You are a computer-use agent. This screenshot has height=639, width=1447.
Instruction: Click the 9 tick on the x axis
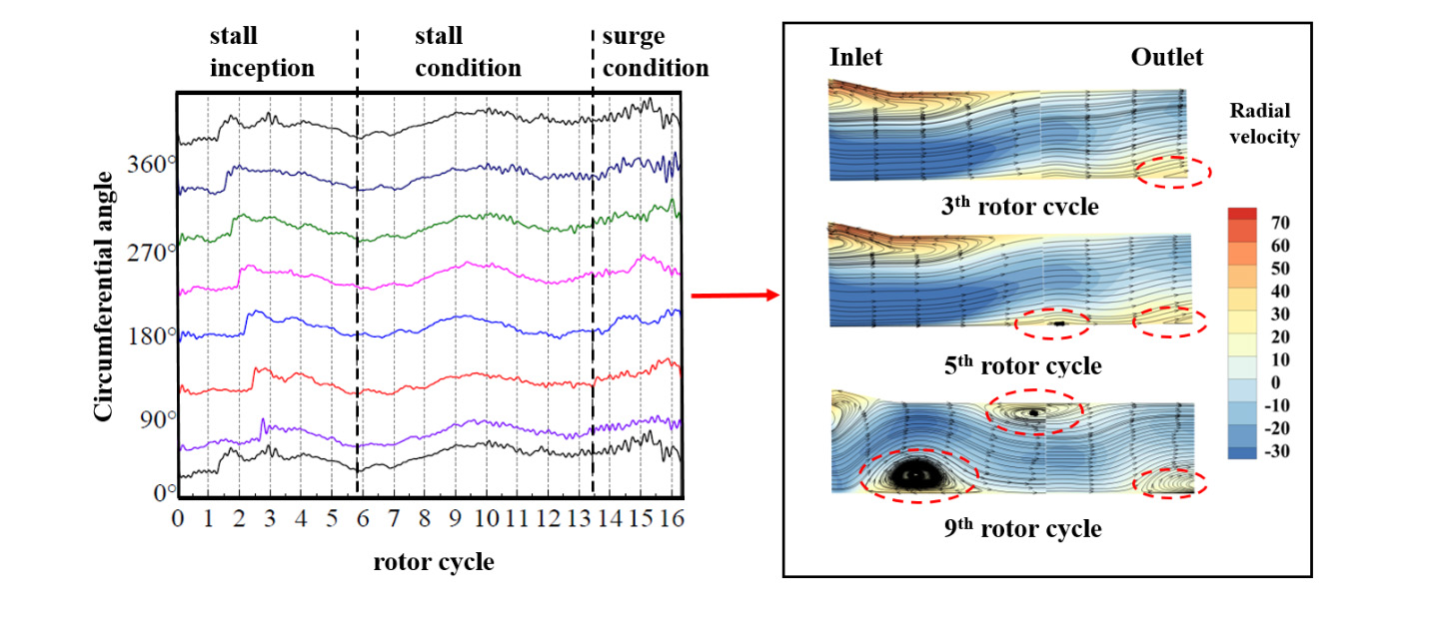click(455, 519)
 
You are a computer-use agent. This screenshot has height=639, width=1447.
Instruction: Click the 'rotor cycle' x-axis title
click(434, 562)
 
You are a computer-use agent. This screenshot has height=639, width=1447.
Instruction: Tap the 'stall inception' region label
click(261, 53)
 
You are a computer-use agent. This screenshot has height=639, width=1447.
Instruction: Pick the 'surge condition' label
click(655, 53)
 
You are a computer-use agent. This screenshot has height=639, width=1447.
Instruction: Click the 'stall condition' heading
click(468, 53)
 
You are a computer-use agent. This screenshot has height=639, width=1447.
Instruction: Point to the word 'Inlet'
click(856, 58)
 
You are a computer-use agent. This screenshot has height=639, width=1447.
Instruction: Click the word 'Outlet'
click(1166, 58)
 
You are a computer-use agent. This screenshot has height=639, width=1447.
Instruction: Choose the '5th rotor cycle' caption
click(1022, 366)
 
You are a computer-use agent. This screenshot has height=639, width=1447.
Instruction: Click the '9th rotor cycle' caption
click(1022, 529)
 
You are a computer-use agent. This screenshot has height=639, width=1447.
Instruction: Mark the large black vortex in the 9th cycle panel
click(916, 475)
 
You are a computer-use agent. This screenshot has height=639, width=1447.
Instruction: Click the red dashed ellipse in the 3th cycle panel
click(1173, 172)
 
